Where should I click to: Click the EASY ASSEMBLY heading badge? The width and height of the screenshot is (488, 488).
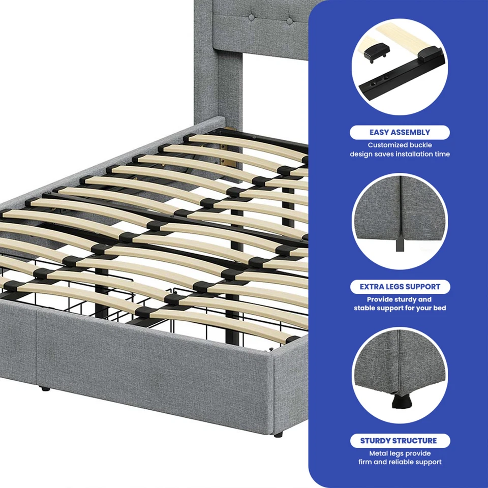tap(400, 132)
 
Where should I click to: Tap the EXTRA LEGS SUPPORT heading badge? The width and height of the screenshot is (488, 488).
tap(400, 287)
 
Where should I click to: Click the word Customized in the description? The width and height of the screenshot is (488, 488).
tap(388, 145)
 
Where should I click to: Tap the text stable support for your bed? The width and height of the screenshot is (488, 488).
tap(400, 309)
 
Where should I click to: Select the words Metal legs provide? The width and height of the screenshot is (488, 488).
tap(400, 453)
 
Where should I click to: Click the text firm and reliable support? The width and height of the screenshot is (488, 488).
tap(400, 462)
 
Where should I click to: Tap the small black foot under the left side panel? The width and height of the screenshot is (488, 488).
tap(46, 389)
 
